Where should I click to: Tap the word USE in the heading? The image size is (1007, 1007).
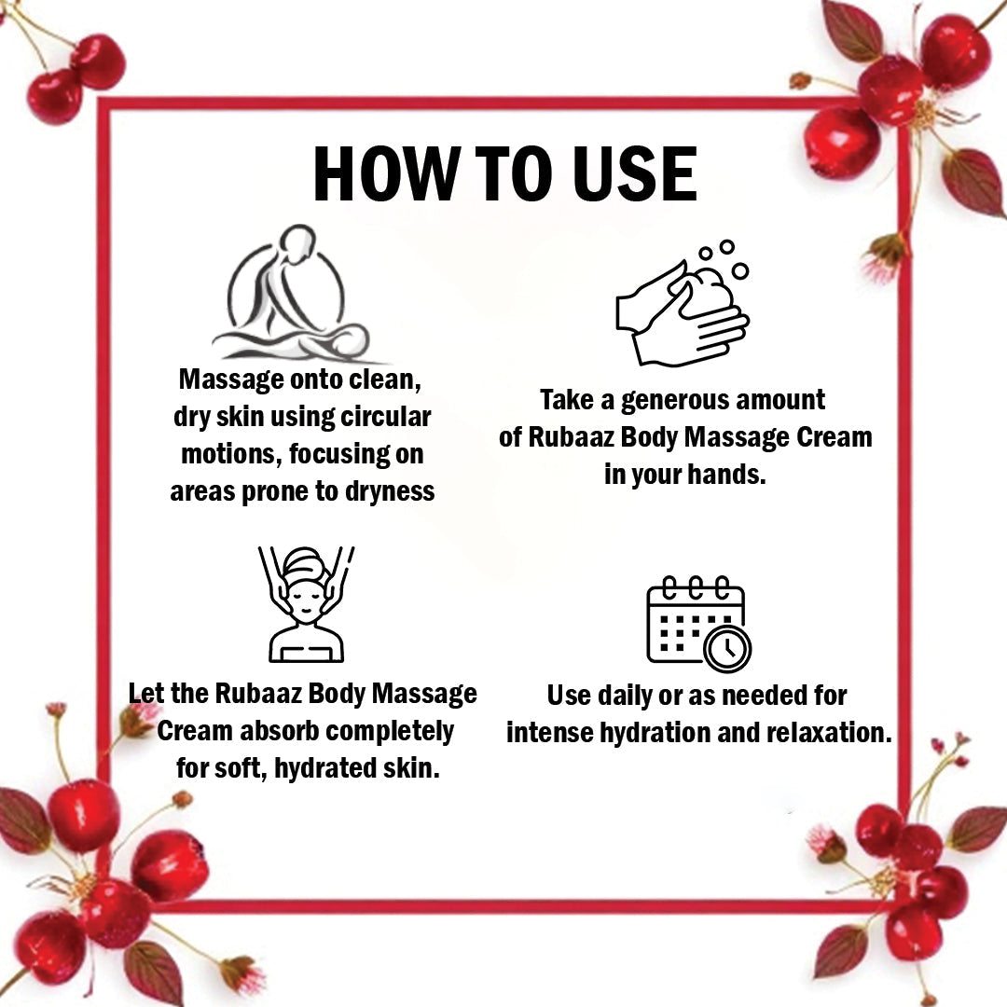point(634,173)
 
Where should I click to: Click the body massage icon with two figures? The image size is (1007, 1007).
point(293,293)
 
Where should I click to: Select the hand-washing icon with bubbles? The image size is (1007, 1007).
point(683,303)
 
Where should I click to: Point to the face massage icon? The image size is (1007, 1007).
point(307,603)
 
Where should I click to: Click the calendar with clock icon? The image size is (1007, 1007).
point(698,624)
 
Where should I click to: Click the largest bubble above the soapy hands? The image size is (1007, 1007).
point(740,271)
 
